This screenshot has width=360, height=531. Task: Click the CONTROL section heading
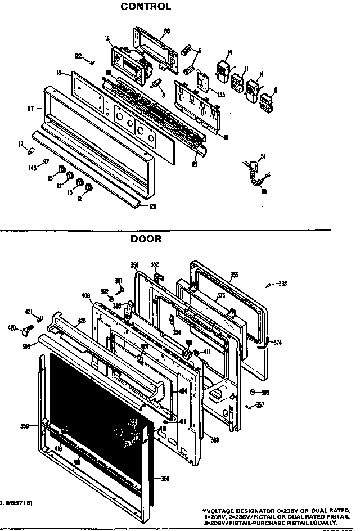[146, 7]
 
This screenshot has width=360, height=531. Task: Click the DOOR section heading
[146, 238]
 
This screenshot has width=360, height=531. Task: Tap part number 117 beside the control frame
[31, 108]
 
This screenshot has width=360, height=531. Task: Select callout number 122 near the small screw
[78, 55]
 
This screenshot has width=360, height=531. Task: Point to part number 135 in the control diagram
[221, 94]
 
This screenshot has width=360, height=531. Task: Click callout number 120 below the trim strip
[152, 206]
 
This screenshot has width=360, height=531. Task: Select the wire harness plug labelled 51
[254, 166]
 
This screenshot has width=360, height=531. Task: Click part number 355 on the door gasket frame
[235, 275]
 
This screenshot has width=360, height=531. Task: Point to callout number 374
[277, 341]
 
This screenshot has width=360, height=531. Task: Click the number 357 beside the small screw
[259, 405]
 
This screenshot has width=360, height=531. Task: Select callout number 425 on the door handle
[82, 321]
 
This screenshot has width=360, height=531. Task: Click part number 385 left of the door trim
[26, 347]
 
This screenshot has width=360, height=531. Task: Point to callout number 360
[214, 439]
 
